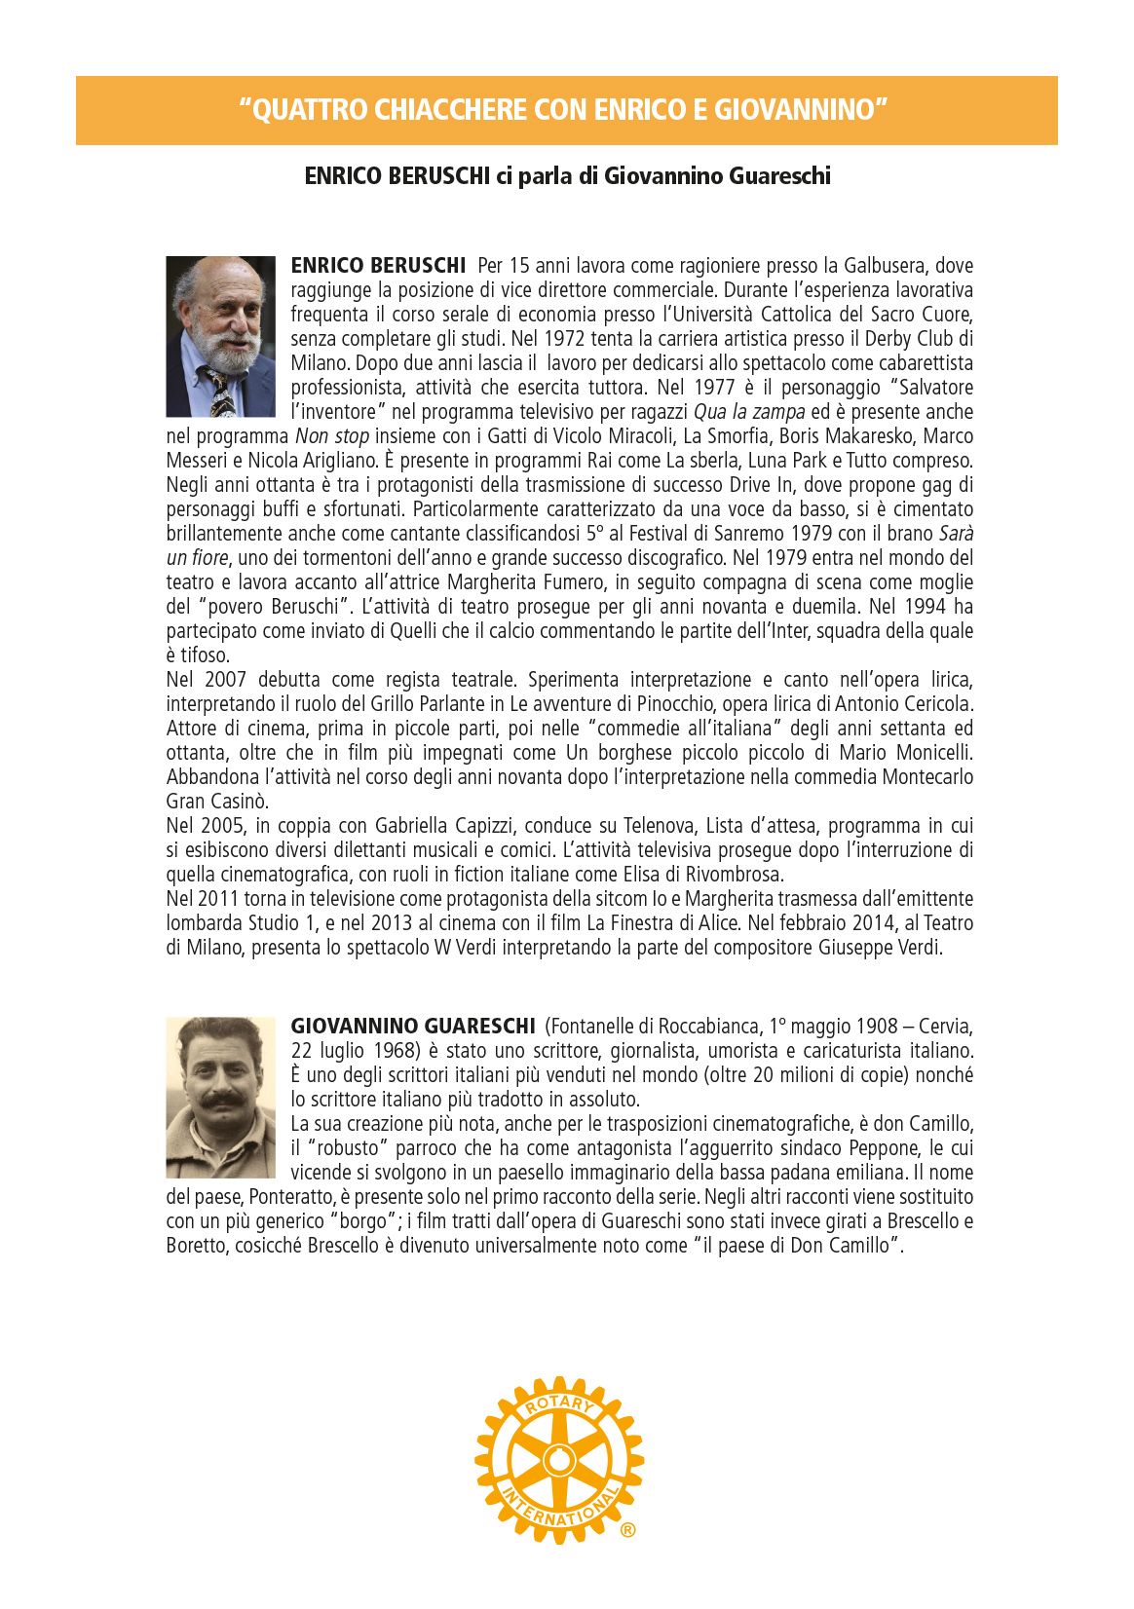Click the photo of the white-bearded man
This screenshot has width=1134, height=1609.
(x=220, y=336)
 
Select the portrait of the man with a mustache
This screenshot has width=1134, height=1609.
(x=220, y=1098)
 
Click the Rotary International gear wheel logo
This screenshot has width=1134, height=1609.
(x=558, y=1459)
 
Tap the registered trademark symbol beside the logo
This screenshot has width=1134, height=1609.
(x=627, y=1530)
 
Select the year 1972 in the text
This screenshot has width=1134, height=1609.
(x=565, y=339)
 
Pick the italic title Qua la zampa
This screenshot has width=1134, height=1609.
(x=749, y=412)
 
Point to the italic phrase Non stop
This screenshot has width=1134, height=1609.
(x=332, y=436)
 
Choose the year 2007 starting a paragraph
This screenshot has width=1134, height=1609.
(x=224, y=680)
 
